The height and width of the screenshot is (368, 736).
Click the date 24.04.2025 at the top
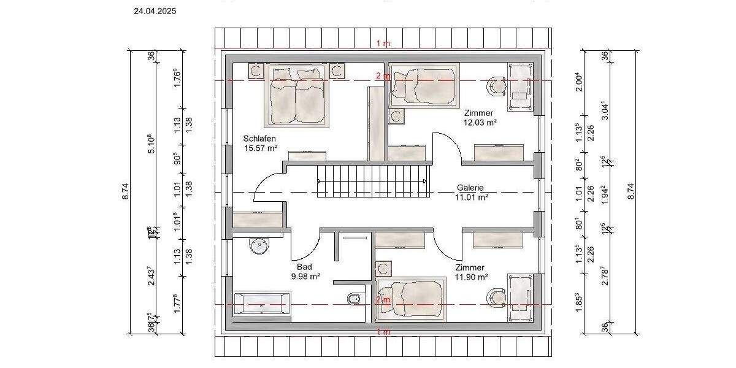pyautogui.click(x=155, y=10)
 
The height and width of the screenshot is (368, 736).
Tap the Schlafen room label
pyautogui.click(x=259, y=139)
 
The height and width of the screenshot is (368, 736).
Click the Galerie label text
pyautogui.click(x=470, y=188)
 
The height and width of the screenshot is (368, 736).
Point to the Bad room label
pyautogui.click(x=304, y=267)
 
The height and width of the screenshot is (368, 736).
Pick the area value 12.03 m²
pyautogui.click(x=480, y=122)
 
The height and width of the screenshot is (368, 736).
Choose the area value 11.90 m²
pyautogui.click(x=471, y=277)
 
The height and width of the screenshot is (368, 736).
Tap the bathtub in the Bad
pyautogui.click(x=262, y=305)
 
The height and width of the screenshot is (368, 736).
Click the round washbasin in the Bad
pyautogui.click(x=259, y=247)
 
